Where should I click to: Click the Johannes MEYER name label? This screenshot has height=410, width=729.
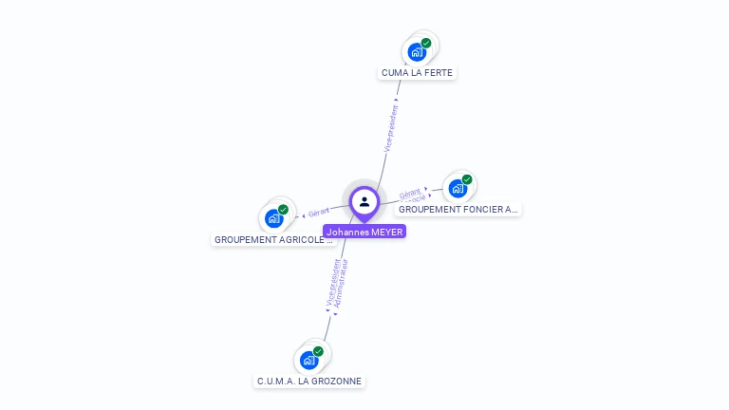click(364, 232)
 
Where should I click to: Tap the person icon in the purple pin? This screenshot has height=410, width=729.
click(364, 201)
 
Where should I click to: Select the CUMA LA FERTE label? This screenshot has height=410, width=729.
click(419, 73)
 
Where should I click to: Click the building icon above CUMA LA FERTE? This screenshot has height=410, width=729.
click(416, 52)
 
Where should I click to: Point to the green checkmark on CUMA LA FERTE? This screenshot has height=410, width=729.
click(426, 43)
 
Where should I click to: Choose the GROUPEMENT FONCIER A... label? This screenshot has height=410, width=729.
click(458, 209)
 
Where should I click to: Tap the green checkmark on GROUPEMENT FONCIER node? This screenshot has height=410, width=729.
click(467, 178)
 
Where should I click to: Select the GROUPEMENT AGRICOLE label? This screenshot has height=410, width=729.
click(273, 240)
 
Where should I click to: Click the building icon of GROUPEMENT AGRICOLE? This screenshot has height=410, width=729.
click(273, 219)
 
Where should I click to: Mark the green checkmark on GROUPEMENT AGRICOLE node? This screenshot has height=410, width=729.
click(283, 210)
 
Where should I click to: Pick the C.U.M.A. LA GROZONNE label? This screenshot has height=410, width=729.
click(309, 382)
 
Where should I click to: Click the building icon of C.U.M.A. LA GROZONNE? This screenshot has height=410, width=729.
click(308, 361)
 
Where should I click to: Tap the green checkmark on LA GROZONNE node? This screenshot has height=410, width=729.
click(318, 351)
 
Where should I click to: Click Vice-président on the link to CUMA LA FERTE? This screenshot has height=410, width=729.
click(389, 127)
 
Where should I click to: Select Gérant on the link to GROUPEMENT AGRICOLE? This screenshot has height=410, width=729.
click(319, 213)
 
